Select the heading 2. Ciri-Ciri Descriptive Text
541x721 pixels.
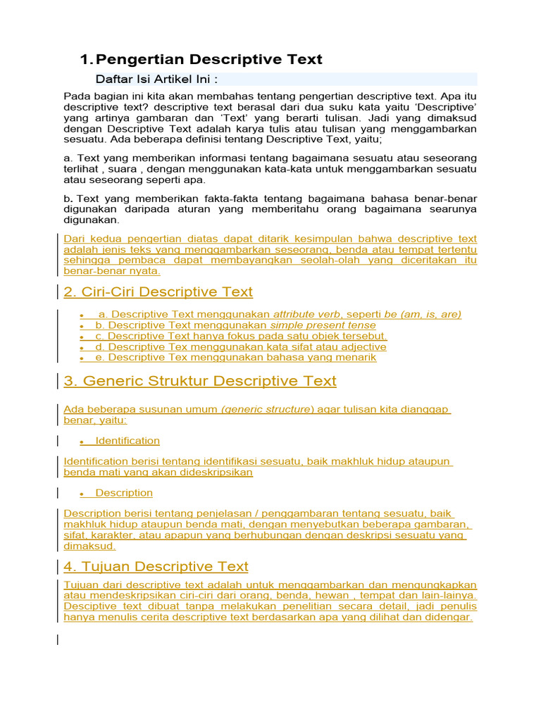(x=158, y=291)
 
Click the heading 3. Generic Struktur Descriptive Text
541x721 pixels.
(x=200, y=381)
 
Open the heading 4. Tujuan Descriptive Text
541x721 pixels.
(x=156, y=566)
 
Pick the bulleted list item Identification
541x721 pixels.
(x=128, y=441)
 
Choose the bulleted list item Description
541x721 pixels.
(x=124, y=493)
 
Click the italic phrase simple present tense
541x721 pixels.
(x=323, y=325)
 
